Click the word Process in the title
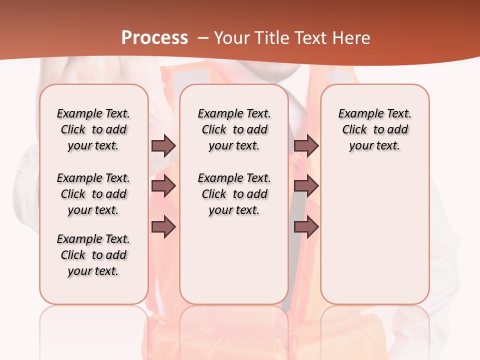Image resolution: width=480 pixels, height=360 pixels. (x=154, y=37)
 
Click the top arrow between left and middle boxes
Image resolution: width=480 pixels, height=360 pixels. (x=163, y=146)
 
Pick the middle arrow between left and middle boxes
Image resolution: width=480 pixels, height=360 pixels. (x=163, y=186)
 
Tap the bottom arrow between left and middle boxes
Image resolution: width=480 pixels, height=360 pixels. (x=163, y=227)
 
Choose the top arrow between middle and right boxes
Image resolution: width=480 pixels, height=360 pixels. (x=306, y=146)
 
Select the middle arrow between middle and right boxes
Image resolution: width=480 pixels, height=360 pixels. (x=306, y=186)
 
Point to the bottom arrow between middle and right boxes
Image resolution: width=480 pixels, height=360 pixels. (x=306, y=227)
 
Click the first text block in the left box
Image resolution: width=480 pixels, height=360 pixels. (x=93, y=129)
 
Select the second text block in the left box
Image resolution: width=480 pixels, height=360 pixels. (x=93, y=194)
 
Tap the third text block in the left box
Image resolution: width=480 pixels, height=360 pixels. (x=93, y=255)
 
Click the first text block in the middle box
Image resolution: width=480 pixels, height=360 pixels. (x=234, y=129)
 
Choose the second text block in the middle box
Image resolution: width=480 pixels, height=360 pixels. (x=234, y=194)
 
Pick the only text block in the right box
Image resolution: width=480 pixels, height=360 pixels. (x=374, y=129)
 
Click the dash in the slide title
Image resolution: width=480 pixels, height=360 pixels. (x=203, y=38)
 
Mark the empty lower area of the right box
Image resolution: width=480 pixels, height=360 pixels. (x=374, y=235)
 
